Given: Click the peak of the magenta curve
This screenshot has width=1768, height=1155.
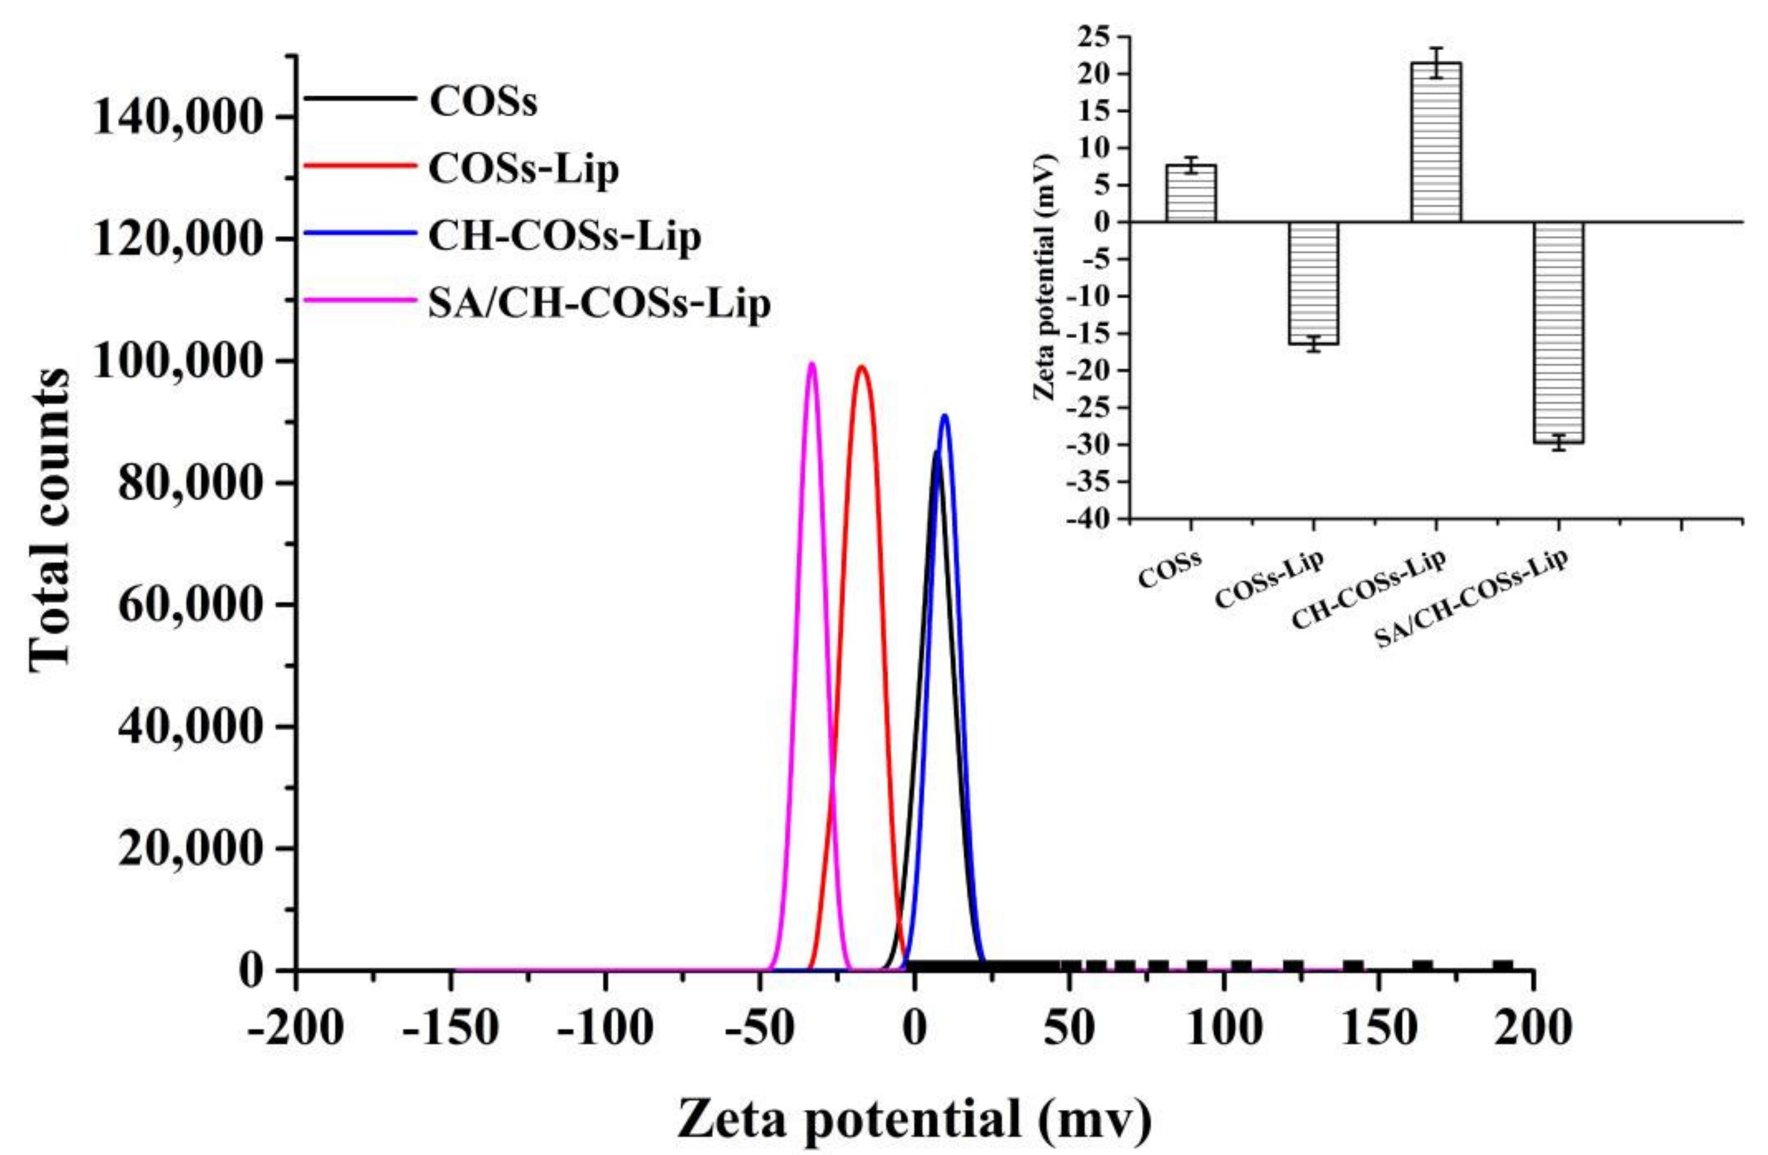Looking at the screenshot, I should [811, 363].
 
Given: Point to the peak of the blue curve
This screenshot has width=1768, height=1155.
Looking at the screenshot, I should [944, 415].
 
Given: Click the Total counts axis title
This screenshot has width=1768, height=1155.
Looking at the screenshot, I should [50, 520].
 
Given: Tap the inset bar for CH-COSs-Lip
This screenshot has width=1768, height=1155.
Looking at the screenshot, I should [1436, 142].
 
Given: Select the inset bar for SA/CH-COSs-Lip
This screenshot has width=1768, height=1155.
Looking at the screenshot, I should [1558, 332].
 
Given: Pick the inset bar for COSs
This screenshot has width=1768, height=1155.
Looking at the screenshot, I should [1191, 193].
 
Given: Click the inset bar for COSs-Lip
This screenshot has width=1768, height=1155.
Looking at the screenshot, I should [1313, 283].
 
